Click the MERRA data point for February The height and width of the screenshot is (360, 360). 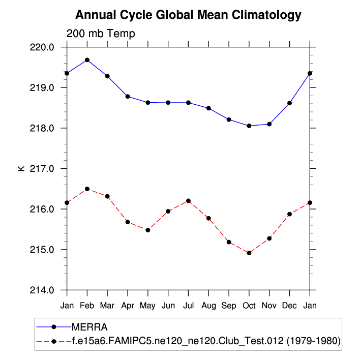(87, 60)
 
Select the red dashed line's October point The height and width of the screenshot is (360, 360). (249, 253)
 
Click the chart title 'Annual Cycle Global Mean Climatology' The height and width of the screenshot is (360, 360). (188, 15)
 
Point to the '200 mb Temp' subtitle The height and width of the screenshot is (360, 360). (101, 34)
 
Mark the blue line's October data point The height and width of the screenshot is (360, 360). (249, 126)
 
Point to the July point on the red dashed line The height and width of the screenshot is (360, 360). (189, 201)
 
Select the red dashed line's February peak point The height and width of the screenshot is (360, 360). (87, 189)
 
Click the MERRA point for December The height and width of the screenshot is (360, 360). (290, 103)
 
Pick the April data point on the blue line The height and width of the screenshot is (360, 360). (128, 97)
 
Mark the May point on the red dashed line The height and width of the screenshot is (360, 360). (148, 230)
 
